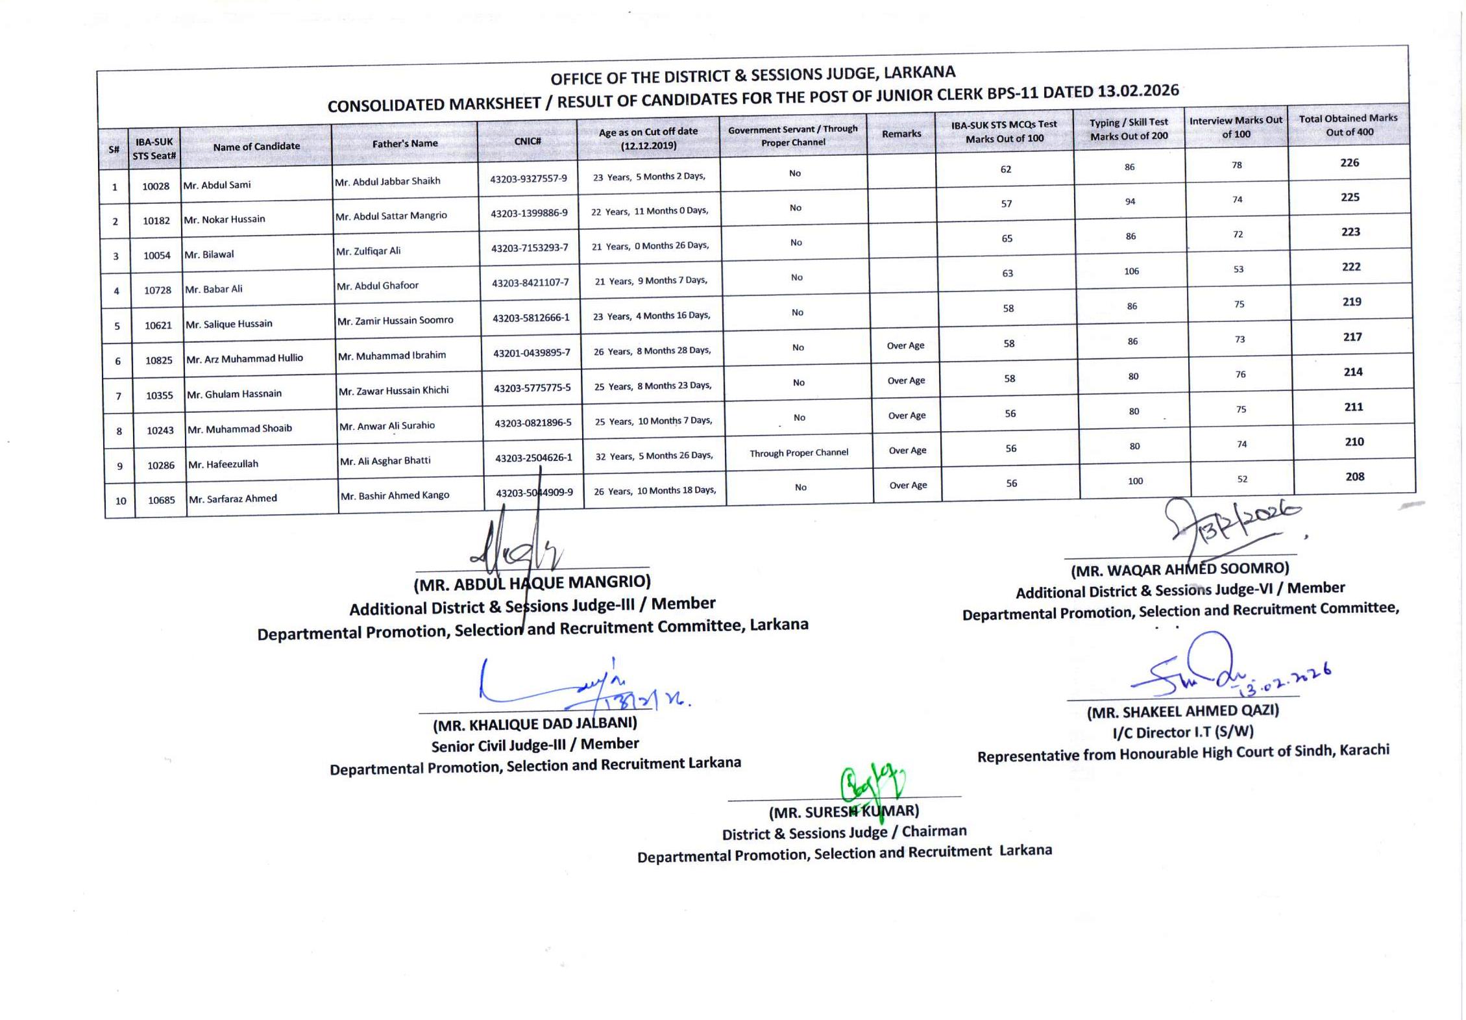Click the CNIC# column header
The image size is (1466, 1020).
[527, 141]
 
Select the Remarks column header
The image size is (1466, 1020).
[901, 134]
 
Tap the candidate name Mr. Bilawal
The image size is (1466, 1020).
[209, 254]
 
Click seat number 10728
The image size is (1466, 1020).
[158, 290]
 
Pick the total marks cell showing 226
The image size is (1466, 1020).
[1349, 162]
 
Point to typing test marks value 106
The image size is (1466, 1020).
[1131, 271]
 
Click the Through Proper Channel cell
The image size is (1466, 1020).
[798, 453]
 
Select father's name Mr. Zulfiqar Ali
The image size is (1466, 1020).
[368, 251]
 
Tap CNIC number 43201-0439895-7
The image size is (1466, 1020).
[531, 353]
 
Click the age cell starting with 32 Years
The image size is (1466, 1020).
[654, 456]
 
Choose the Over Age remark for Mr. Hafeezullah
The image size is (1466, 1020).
[907, 450]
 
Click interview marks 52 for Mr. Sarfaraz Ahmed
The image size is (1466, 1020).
[1242, 479]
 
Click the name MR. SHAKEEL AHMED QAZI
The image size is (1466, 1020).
[1182, 711]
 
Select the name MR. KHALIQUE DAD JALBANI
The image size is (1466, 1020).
[535, 723]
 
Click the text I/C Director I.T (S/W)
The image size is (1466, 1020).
[1182, 732]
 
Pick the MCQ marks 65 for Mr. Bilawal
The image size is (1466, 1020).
[1007, 238]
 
